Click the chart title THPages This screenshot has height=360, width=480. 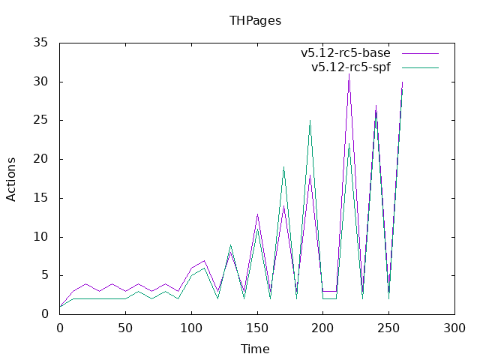(x=255, y=21)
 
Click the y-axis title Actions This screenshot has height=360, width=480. (x=11, y=179)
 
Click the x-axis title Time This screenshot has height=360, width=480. (x=255, y=349)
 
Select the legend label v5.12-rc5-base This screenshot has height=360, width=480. (x=346, y=53)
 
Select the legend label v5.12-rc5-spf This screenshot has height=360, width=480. (x=351, y=67)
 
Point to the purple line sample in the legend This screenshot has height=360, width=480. (x=420, y=53)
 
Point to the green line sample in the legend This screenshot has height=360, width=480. (x=420, y=67)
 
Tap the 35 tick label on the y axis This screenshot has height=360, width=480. (x=40, y=43)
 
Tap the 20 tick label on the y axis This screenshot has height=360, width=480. (x=40, y=159)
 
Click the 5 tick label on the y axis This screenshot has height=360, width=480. (x=45, y=275)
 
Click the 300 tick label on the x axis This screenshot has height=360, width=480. (x=454, y=328)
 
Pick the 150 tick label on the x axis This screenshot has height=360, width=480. (x=257, y=328)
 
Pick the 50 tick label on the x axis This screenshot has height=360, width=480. (x=125, y=328)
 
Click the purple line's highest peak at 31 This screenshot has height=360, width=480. (x=349, y=74)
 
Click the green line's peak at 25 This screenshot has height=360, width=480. (x=310, y=121)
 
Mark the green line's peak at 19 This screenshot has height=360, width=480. (x=283, y=167)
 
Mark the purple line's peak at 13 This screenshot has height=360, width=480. (x=257, y=214)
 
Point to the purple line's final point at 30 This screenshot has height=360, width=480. (x=402, y=82)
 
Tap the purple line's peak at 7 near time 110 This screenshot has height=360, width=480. (x=205, y=260)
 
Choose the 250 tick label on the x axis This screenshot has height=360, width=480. (x=388, y=328)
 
